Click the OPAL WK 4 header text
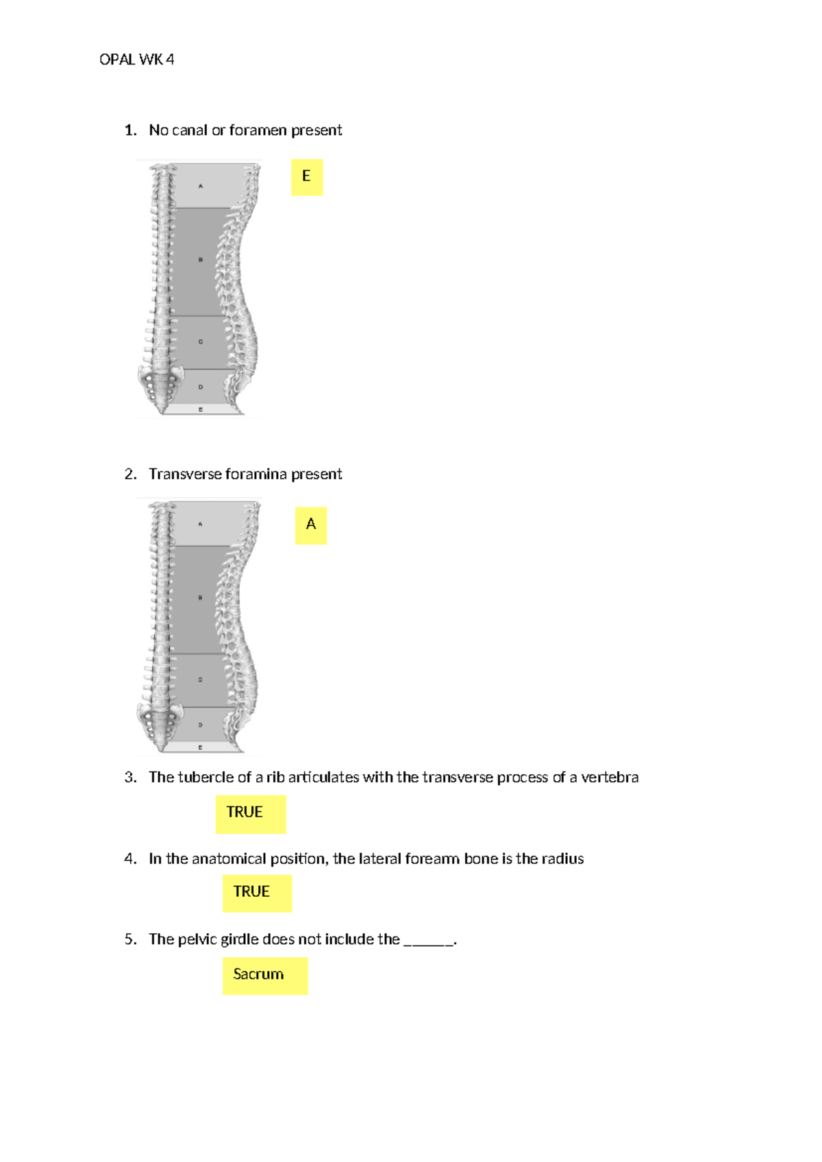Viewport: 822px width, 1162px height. click(x=136, y=60)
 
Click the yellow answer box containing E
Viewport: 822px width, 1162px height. click(x=307, y=177)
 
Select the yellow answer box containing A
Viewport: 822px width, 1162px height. click(x=311, y=526)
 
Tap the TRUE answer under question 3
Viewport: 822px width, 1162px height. click(x=251, y=814)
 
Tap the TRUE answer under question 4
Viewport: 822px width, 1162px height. click(x=257, y=893)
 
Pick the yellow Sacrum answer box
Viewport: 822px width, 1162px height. click(x=265, y=976)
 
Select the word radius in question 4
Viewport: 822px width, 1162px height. click(x=562, y=858)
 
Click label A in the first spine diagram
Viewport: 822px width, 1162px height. click(x=201, y=186)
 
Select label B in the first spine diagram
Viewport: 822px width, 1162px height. click(x=201, y=260)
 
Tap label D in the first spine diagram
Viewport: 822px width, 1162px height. click(x=201, y=387)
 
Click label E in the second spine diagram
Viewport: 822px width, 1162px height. click(x=200, y=747)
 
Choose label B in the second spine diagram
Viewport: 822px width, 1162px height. click(x=200, y=597)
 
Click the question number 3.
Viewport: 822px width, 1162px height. click(x=130, y=777)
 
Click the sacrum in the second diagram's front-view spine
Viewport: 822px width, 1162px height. click(x=161, y=726)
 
